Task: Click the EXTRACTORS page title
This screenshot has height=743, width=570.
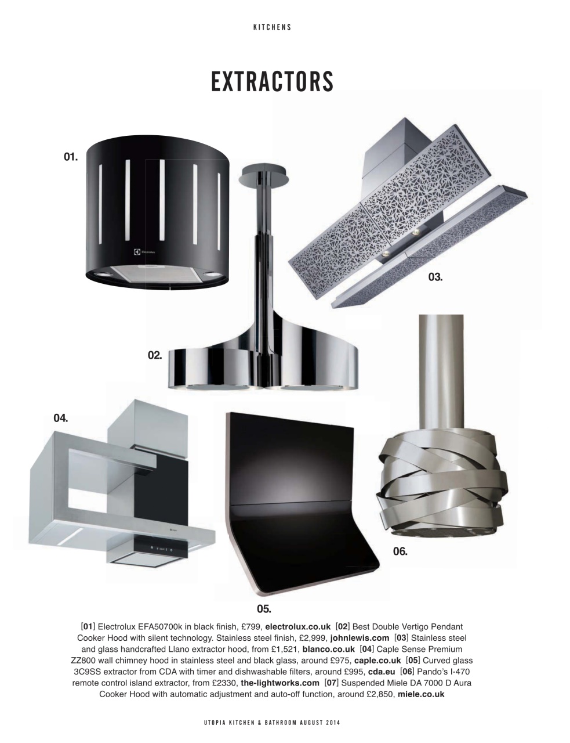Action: pyautogui.click(x=272, y=81)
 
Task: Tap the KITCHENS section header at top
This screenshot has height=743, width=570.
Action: pyautogui.click(x=272, y=27)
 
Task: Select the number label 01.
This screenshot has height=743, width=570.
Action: pyautogui.click(x=71, y=157)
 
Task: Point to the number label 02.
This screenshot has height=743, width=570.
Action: pyautogui.click(x=154, y=355)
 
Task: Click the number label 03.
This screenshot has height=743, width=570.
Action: pyautogui.click(x=435, y=277)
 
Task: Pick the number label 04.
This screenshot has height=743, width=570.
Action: pyautogui.click(x=61, y=417)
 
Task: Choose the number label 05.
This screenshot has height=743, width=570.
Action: pyautogui.click(x=264, y=609)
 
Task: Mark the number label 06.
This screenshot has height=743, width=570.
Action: pyautogui.click(x=400, y=551)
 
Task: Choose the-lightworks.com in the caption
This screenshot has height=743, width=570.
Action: pyautogui.click(x=280, y=683)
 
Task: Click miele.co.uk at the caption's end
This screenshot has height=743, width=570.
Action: pyautogui.click(x=421, y=694)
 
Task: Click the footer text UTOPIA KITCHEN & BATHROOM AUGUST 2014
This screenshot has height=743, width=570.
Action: pyautogui.click(x=272, y=723)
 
